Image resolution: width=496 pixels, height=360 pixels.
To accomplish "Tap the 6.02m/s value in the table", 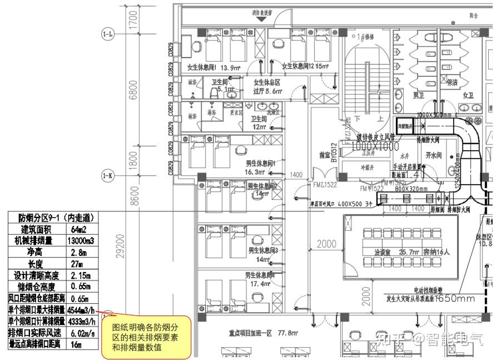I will click(81, 333).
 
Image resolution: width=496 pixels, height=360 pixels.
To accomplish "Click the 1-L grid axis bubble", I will click(108, 34).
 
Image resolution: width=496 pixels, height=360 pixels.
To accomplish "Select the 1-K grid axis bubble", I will click(108, 176).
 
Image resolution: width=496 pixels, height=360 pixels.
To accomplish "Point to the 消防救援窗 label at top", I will click(261, 11).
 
